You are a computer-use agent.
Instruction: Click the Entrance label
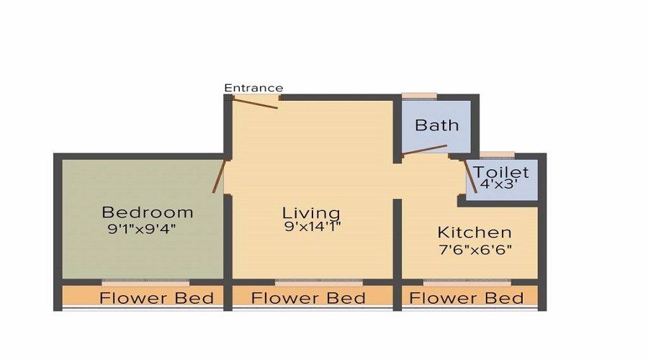point(253,88)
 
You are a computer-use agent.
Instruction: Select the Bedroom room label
point(148,212)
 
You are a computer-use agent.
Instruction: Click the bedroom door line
point(219,176)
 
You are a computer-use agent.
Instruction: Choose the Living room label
point(311,213)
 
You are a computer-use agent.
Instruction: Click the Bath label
point(437,125)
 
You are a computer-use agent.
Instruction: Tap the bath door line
point(425,150)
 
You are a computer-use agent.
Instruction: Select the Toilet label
point(501,173)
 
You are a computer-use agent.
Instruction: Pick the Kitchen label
point(474,233)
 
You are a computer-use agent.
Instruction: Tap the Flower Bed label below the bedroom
point(156,298)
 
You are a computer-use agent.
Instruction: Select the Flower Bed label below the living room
point(308,298)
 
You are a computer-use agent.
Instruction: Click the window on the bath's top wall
point(419,96)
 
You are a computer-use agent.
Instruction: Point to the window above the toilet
point(497,154)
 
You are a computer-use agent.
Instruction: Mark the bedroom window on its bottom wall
point(145,283)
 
